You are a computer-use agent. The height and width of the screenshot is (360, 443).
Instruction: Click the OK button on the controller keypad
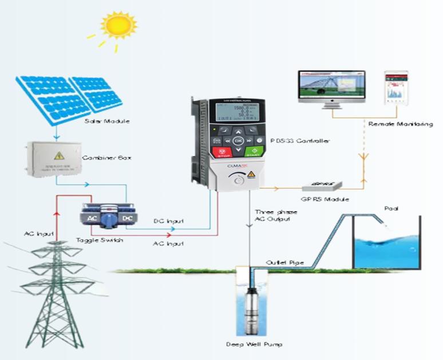[x=239, y=140]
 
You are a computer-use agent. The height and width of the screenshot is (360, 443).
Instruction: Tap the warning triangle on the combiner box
[x=58, y=155]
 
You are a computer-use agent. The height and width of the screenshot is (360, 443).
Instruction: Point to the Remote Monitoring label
[x=400, y=124]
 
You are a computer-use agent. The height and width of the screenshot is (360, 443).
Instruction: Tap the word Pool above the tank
[x=390, y=208]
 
